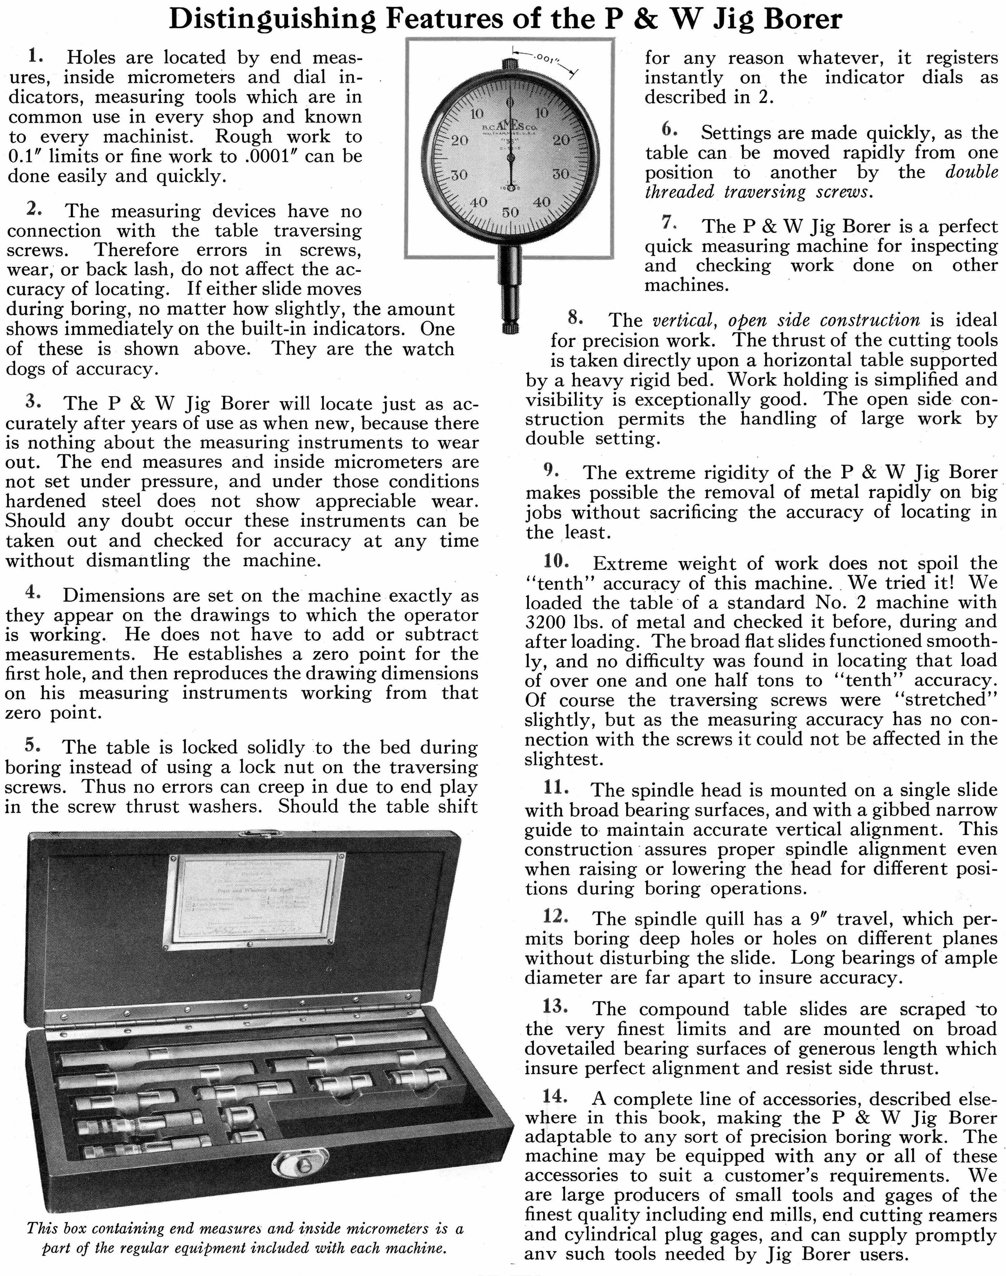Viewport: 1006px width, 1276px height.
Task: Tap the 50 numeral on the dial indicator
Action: click(x=510, y=212)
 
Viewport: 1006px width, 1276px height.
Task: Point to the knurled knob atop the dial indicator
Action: click(x=510, y=63)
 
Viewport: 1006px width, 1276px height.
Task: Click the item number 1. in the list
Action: click(x=35, y=57)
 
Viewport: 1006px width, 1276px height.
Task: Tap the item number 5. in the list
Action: click(x=33, y=745)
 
